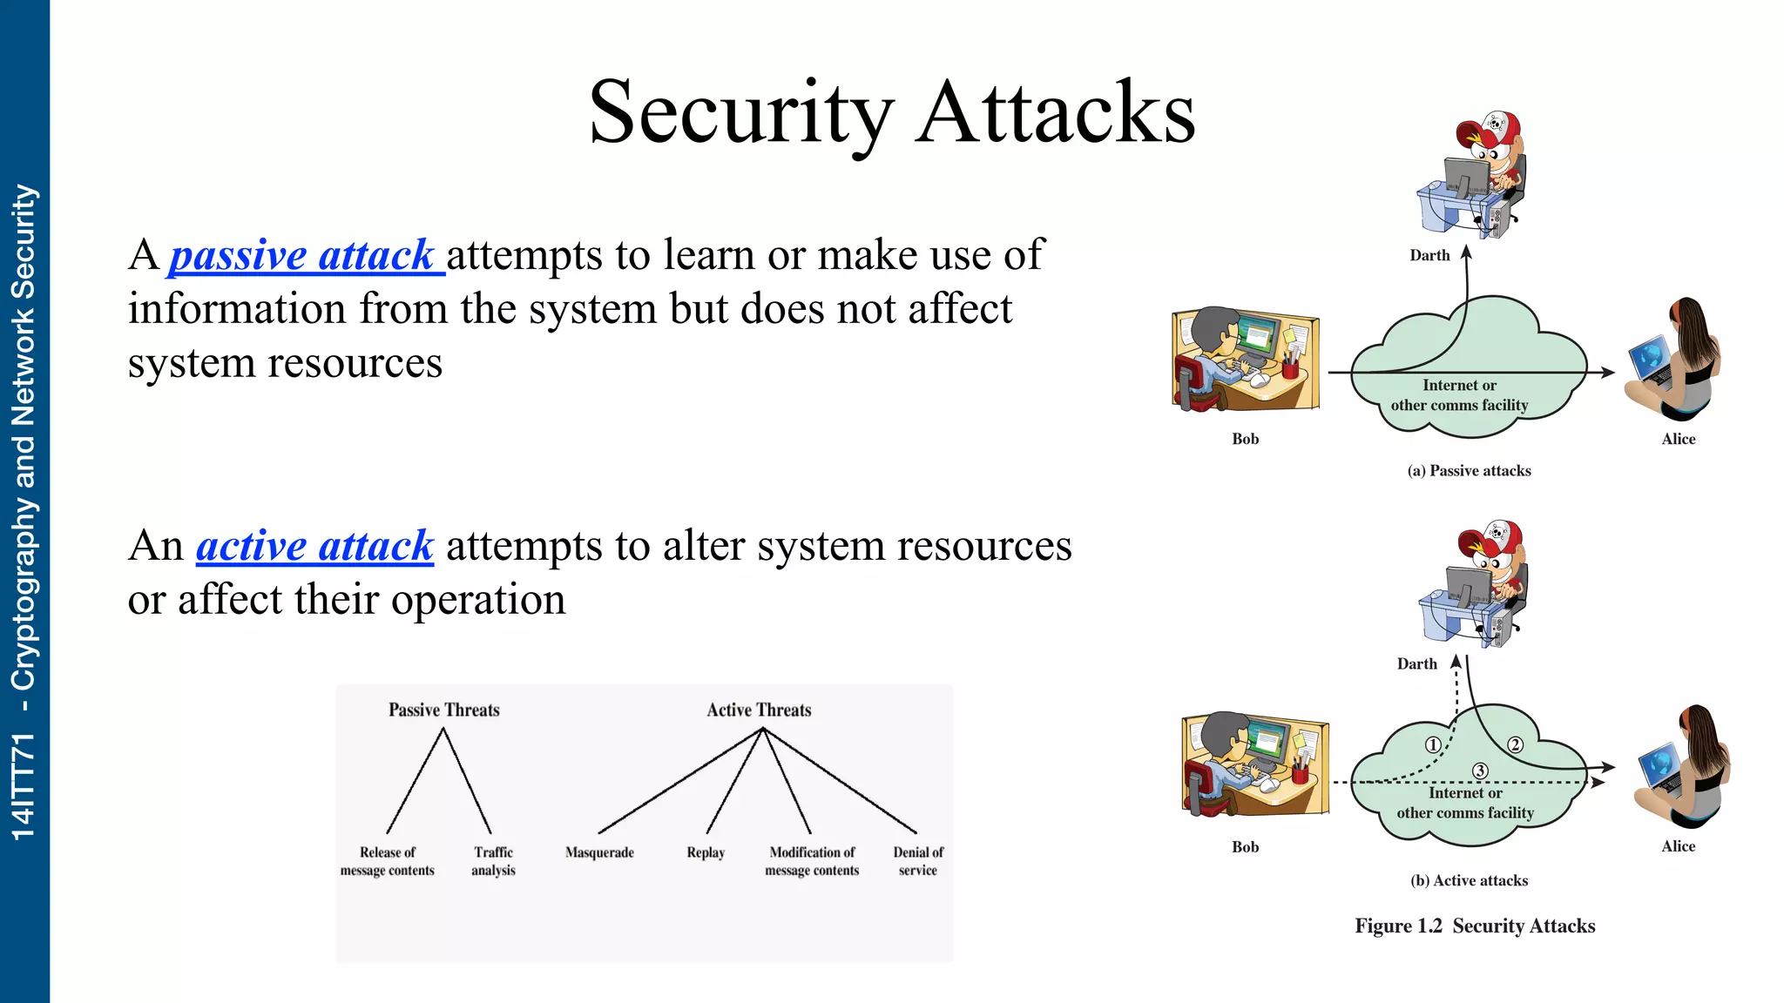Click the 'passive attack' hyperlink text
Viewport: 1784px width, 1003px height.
[x=302, y=256]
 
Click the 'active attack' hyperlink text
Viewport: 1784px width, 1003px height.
[x=314, y=547]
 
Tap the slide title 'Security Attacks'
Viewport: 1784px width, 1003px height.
[x=891, y=113]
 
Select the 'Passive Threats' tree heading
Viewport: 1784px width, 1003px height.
[x=443, y=710]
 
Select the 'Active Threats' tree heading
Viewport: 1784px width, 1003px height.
[x=759, y=710]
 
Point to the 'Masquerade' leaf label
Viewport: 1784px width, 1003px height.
[x=599, y=852]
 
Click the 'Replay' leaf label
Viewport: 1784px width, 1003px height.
[x=706, y=852]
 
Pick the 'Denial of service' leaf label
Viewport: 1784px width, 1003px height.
[x=918, y=861]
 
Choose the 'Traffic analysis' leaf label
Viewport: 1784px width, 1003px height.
[x=493, y=861]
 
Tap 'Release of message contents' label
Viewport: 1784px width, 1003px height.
[x=388, y=861]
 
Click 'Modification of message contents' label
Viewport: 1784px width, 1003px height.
[x=812, y=861]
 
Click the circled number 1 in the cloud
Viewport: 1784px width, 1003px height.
[x=1432, y=745]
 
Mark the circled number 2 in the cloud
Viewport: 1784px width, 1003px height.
[x=1516, y=744]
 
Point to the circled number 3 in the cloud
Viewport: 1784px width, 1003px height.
[x=1480, y=771]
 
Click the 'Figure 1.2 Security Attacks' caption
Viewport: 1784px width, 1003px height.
[x=1475, y=926]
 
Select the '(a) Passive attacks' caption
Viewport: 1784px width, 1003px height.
[x=1469, y=471]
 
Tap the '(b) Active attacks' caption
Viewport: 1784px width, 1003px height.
[x=1469, y=881]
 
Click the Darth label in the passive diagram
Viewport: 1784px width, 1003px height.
[x=1429, y=256]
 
